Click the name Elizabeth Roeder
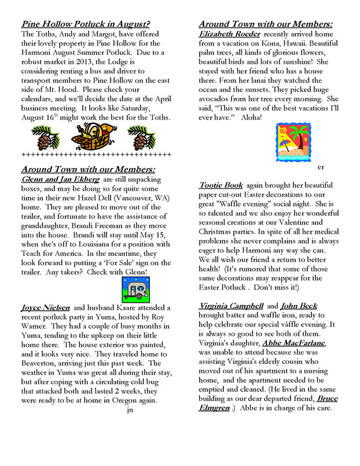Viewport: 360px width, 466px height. [226, 34]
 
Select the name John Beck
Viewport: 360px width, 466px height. [299, 306]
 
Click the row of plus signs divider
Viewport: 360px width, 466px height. [96, 155]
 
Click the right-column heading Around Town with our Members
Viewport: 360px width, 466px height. [266, 24]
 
